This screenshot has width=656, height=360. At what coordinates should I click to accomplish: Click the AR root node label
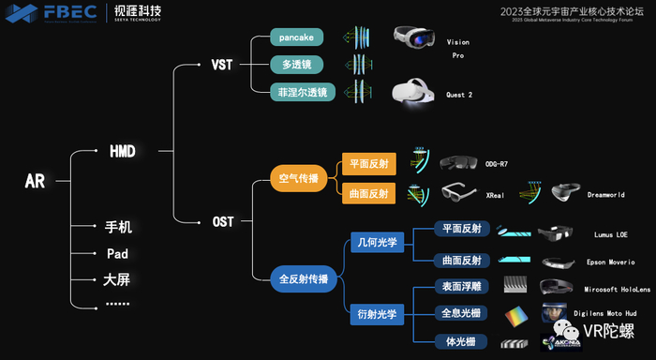pyautogui.click(x=35, y=181)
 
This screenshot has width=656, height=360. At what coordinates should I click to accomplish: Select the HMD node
pyautogui.click(x=122, y=150)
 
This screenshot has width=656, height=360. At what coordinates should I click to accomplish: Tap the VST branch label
pyautogui.click(x=222, y=66)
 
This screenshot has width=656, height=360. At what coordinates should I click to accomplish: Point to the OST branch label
pyautogui.click(x=222, y=222)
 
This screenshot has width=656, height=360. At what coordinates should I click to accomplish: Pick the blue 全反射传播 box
pyautogui.click(x=304, y=278)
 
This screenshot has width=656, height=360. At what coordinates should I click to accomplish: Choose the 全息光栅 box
pyautogui.click(x=461, y=313)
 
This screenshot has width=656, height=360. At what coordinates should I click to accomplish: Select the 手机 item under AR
pyautogui.click(x=118, y=227)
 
